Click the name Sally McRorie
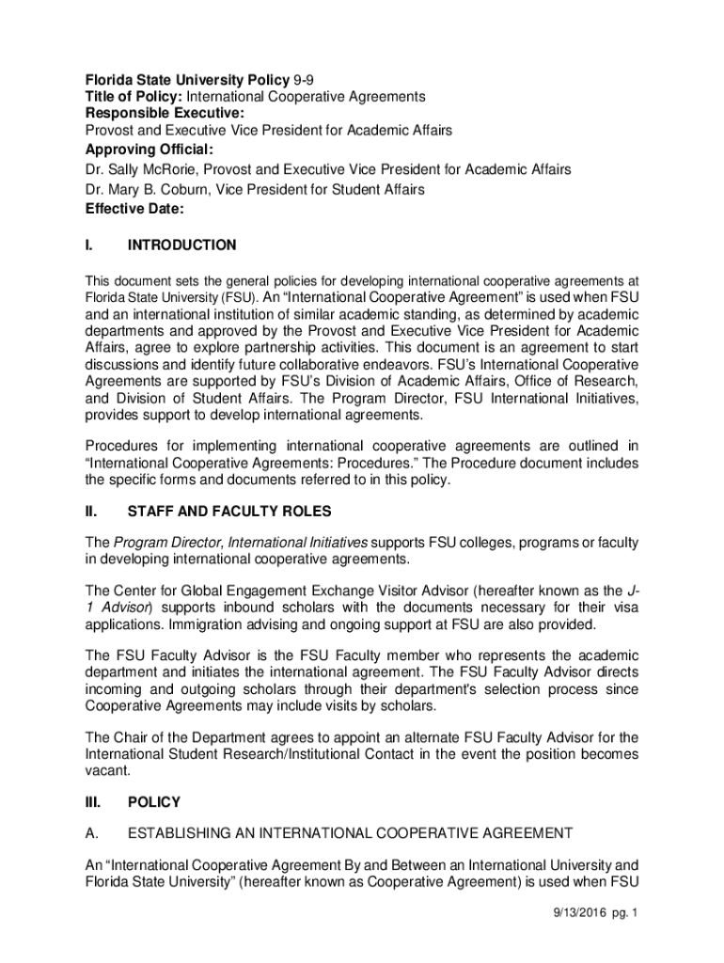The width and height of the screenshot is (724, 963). point(152,170)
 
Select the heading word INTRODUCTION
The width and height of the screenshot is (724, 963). point(181,245)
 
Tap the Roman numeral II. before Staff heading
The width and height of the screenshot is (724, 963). point(92,513)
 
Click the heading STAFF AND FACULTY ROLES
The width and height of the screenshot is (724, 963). point(228,513)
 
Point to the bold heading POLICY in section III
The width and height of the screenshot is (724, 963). point(153,802)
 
